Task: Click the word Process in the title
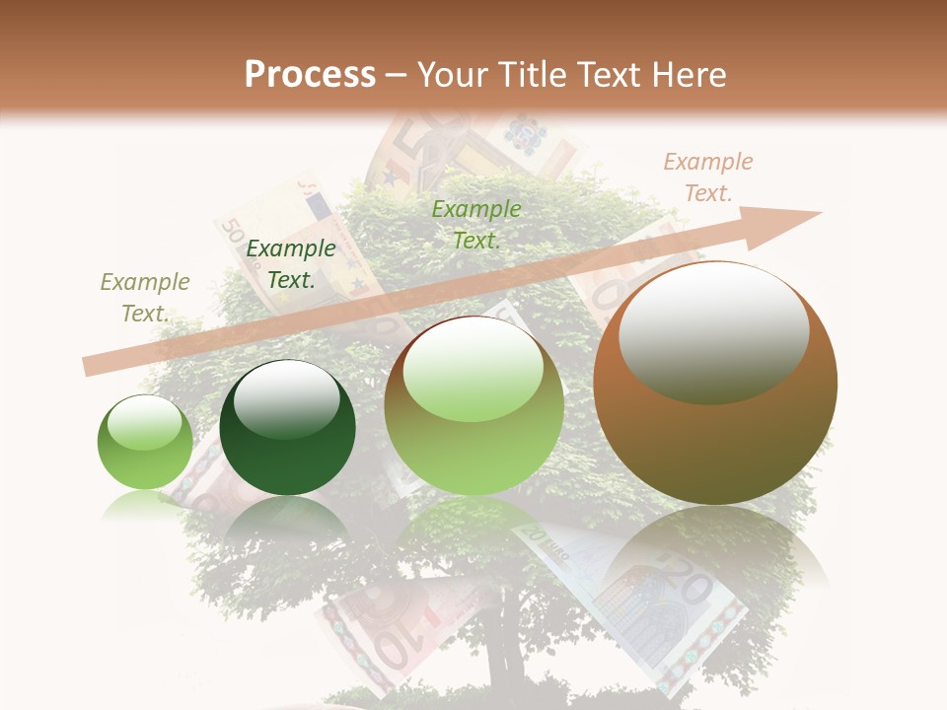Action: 310,74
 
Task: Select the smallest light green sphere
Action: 145,442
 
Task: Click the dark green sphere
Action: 287,428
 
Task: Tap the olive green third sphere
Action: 473,406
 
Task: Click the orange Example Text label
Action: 708,177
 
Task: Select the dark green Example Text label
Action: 291,264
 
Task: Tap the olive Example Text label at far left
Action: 145,298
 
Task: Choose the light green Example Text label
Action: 476,224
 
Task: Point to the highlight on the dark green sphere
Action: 287,398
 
